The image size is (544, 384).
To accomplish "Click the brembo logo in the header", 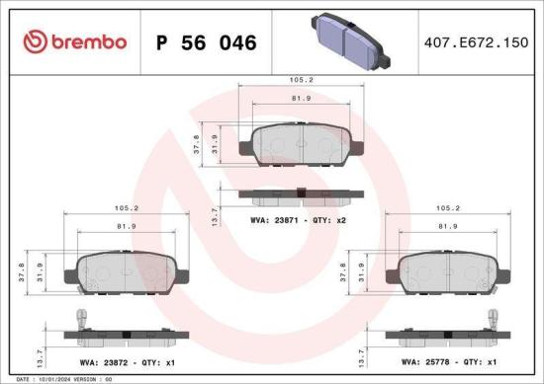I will coord(74,41).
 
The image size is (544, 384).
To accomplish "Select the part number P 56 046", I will coord(207,42).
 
